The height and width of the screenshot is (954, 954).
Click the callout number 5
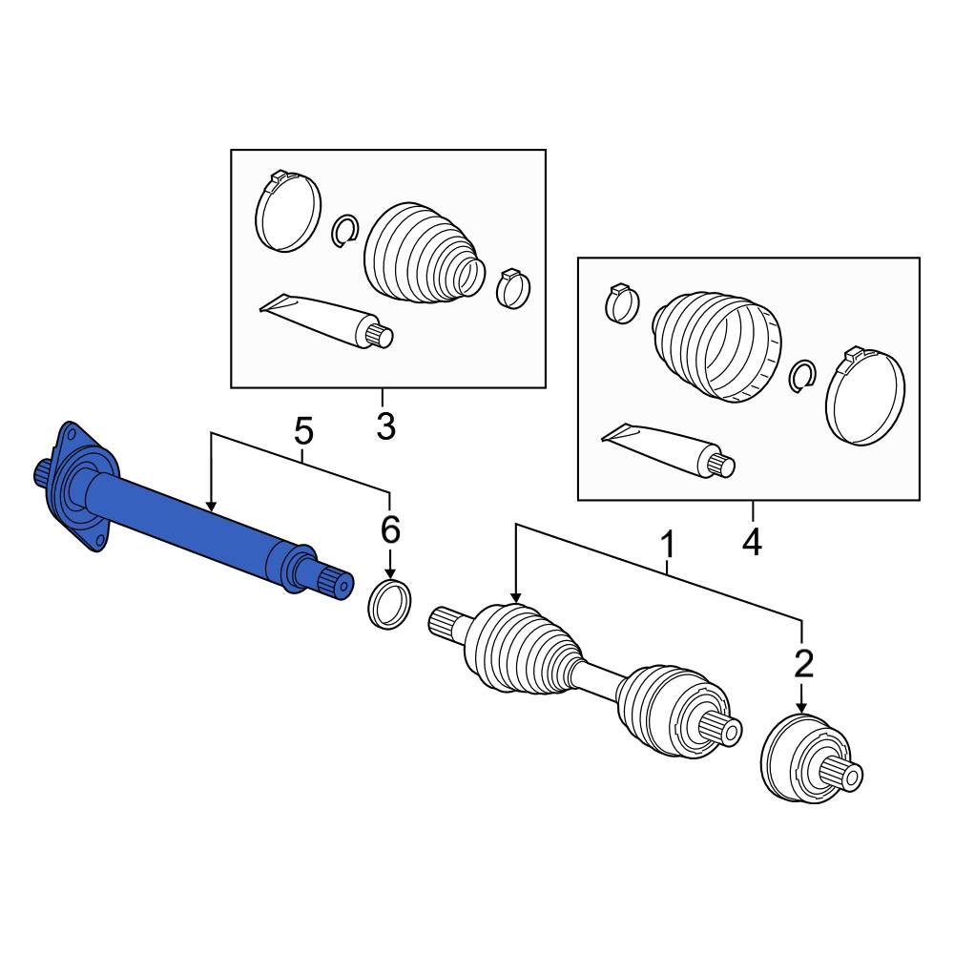[302, 432]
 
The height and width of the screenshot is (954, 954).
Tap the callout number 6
[389, 529]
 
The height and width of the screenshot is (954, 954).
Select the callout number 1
[668, 547]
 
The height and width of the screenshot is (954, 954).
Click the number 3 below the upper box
[384, 426]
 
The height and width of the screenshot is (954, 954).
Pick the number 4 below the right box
[752, 543]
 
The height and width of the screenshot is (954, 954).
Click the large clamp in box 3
[287, 212]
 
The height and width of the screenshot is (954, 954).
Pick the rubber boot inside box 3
[420, 253]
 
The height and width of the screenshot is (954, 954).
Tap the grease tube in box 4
[668, 448]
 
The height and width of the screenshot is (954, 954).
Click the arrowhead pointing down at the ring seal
[389, 569]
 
